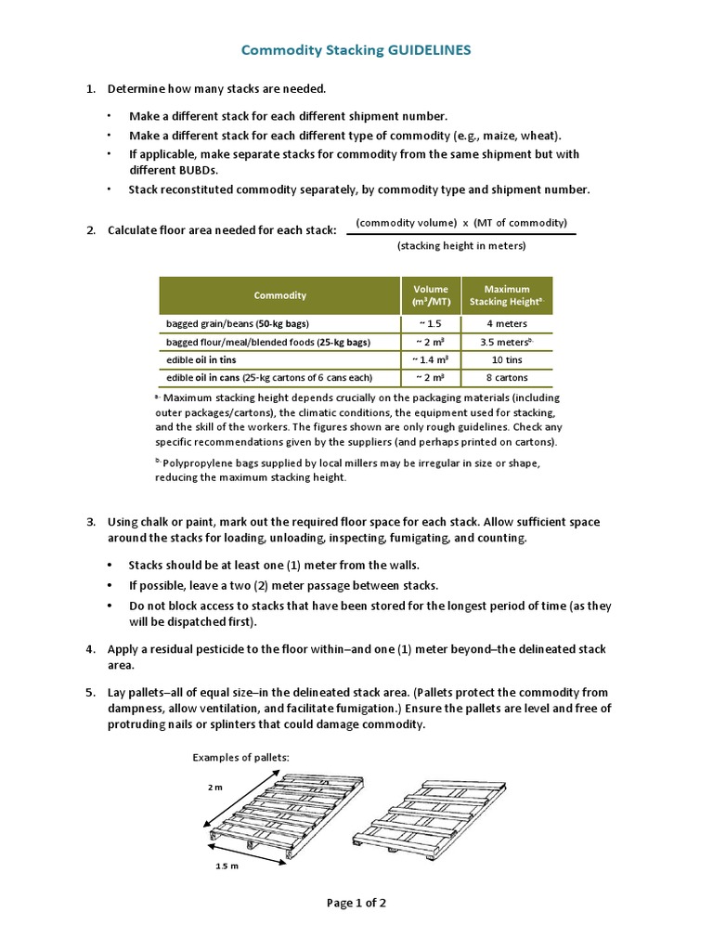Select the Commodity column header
(x=279, y=295)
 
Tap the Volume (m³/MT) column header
(x=430, y=295)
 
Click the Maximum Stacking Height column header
(x=506, y=295)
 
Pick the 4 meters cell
(x=506, y=324)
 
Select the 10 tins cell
(x=506, y=359)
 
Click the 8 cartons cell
(x=506, y=377)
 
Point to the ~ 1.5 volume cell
(x=430, y=324)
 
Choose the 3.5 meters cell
(x=506, y=342)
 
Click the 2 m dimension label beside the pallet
(x=215, y=787)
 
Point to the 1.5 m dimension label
(x=228, y=866)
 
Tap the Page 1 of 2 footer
(x=356, y=903)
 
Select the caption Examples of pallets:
(x=241, y=758)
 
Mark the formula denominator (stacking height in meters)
(x=461, y=246)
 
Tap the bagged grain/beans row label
(x=238, y=324)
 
